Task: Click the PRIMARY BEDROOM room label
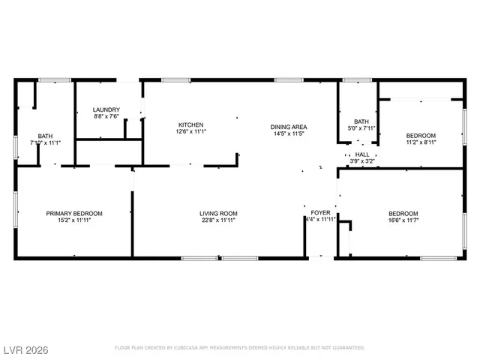74,214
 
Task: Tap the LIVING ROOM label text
218,214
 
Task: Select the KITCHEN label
190,124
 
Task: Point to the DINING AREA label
289,127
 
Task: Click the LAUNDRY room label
107,109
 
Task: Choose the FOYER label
320,214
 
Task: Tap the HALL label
362,154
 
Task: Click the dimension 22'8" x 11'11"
218,220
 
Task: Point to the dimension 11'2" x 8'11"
421,142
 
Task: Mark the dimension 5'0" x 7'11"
362,128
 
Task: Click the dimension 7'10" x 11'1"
45,142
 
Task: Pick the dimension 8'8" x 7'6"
107,116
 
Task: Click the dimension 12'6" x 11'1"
190,131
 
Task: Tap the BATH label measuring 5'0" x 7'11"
362,121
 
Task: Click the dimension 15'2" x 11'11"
74,220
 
